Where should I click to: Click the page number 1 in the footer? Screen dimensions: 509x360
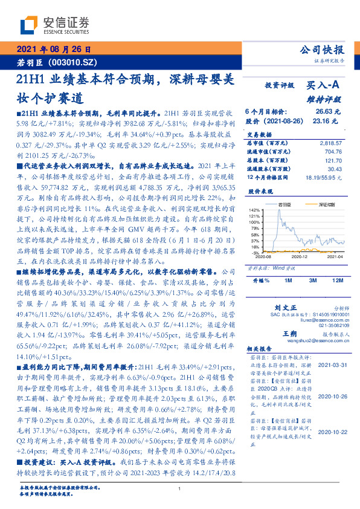(x=180, y=489)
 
